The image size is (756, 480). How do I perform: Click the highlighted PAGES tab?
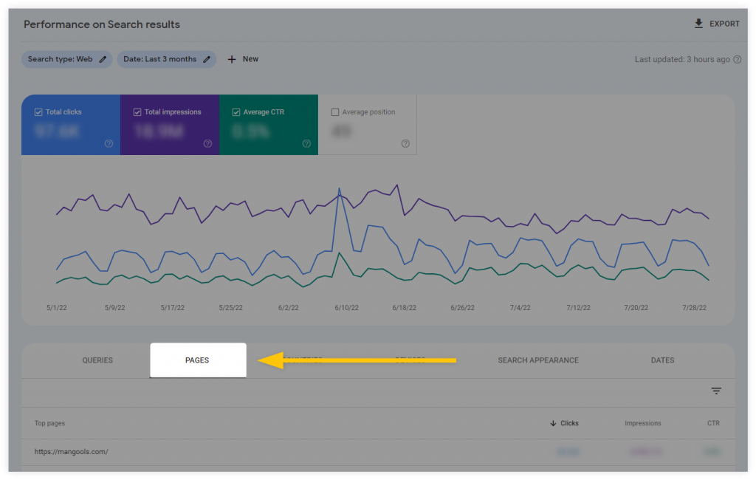click(197, 360)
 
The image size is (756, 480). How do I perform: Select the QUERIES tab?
click(97, 360)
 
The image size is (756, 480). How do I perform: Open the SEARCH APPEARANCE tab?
click(538, 360)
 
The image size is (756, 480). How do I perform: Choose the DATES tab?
click(662, 360)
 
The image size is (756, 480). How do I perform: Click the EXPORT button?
click(717, 24)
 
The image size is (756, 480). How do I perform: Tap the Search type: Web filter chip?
click(66, 59)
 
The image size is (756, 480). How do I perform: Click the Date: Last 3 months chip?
click(166, 59)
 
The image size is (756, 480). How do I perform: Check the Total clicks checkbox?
click(38, 112)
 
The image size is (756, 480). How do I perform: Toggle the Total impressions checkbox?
click(137, 112)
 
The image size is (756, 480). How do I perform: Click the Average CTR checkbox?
click(236, 112)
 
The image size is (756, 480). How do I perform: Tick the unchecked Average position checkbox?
click(335, 112)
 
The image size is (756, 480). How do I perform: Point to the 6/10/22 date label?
click(346, 308)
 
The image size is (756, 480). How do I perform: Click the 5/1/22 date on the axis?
click(56, 308)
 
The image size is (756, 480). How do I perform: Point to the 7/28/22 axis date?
click(695, 308)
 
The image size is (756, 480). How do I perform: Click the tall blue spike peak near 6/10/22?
click(340, 189)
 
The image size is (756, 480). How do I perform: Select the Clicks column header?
click(565, 423)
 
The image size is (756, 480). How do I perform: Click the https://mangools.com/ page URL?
click(71, 451)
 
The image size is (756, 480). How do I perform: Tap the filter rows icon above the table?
click(716, 391)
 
